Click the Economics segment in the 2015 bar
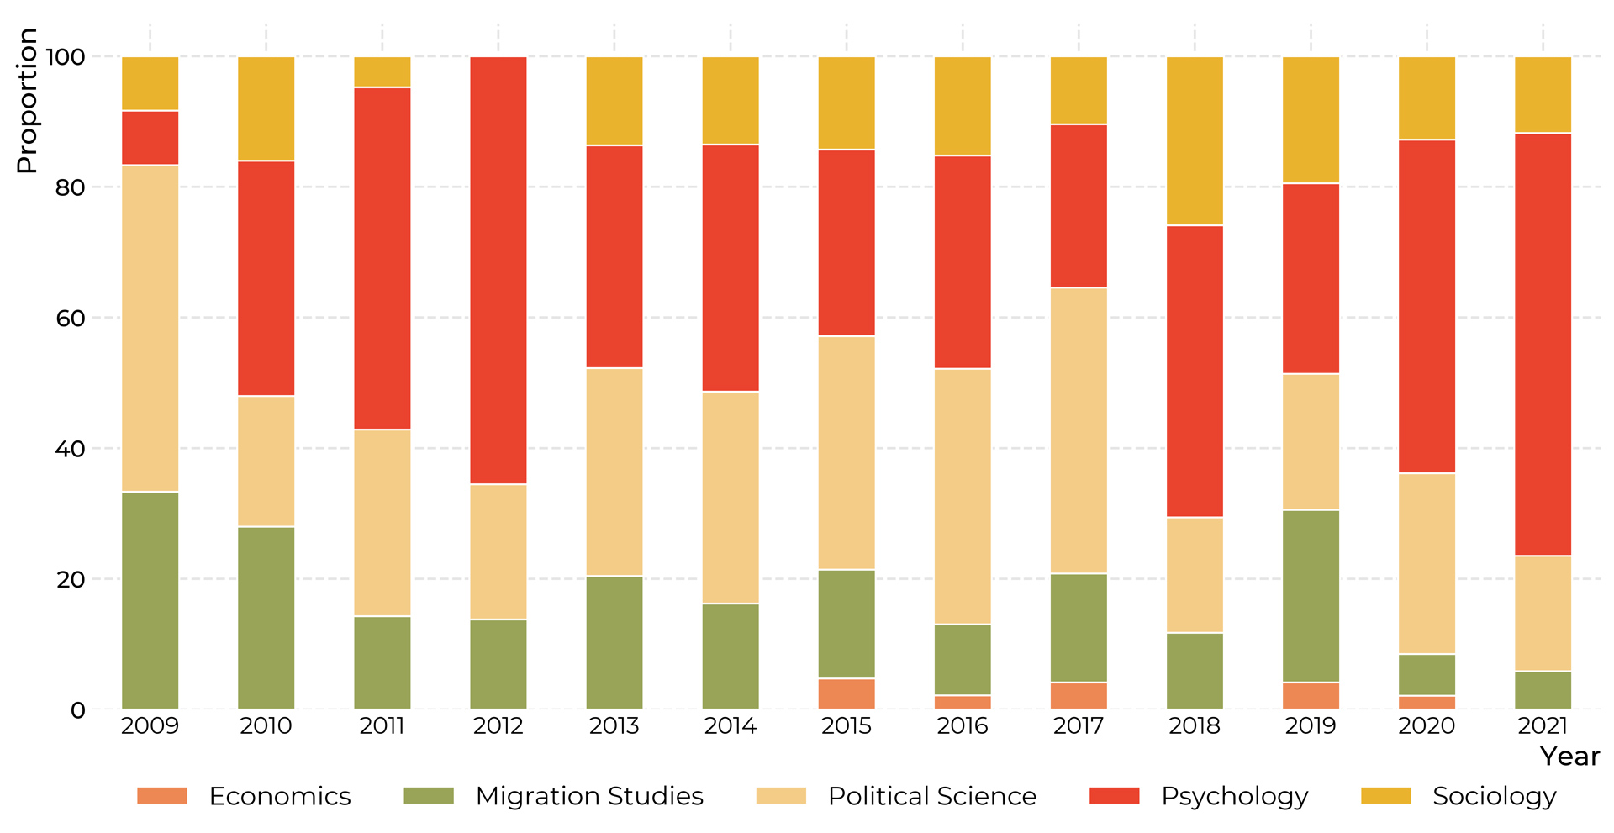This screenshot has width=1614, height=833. [847, 693]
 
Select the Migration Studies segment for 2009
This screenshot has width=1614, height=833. [150, 600]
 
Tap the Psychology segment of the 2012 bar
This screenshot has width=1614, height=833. [498, 270]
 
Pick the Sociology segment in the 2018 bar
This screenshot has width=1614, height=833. [1195, 141]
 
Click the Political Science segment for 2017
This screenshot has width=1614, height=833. [1079, 430]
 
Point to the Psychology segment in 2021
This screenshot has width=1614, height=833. [1543, 344]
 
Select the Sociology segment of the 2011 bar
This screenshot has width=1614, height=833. [382, 72]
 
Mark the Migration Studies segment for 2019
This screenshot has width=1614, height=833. [1311, 596]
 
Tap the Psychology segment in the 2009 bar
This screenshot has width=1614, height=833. [150, 138]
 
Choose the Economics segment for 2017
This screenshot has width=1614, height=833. [1079, 696]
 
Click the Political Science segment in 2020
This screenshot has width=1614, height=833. [1427, 563]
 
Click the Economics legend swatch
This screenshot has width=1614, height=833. [162, 796]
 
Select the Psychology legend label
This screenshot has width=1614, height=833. [1234, 796]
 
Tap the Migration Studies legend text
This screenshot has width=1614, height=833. [588, 796]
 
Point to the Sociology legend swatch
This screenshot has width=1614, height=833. [1385, 796]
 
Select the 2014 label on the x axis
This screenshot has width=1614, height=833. [730, 726]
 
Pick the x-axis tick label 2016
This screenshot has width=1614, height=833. [962, 726]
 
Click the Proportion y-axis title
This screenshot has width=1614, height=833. [27, 101]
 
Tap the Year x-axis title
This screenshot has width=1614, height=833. [1569, 757]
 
